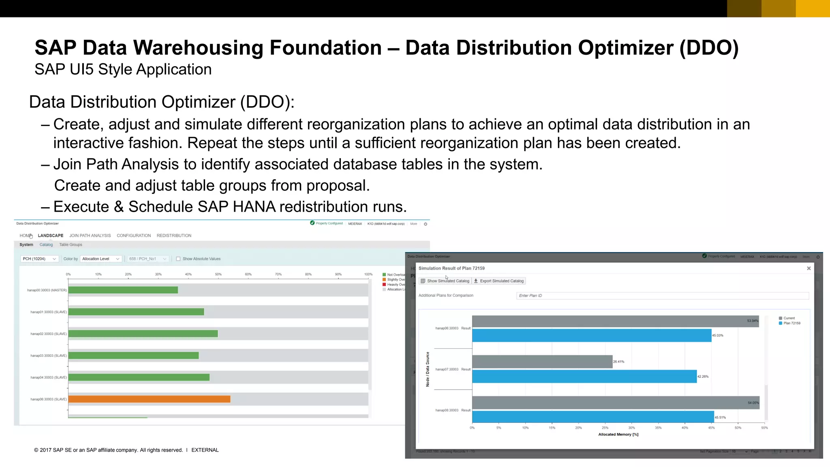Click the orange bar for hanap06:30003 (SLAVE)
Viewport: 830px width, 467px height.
(x=149, y=399)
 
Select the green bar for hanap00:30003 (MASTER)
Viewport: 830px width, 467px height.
(x=123, y=290)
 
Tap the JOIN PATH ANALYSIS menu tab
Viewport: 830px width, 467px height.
(x=90, y=236)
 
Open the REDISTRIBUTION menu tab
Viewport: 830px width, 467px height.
(x=174, y=236)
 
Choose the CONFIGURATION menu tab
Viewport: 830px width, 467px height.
(x=134, y=236)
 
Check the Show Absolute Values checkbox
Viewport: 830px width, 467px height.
(x=178, y=259)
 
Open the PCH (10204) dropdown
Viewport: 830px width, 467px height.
(x=39, y=259)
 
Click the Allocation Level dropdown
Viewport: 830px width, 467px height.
(x=101, y=259)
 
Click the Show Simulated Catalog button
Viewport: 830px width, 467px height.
(x=445, y=281)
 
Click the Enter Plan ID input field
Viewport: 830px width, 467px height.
(x=662, y=296)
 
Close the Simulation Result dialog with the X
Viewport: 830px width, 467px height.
(x=809, y=268)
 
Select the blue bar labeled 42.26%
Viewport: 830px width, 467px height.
(x=584, y=377)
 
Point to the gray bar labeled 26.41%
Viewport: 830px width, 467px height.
(x=542, y=362)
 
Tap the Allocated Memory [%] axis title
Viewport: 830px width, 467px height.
(x=618, y=435)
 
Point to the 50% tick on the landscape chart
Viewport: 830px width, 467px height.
(x=218, y=274)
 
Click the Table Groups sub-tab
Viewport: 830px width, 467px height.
(x=71, y=245)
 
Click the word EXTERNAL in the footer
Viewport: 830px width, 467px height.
(x=205, y=450)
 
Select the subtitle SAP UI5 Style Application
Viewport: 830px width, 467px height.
(x=123, y=69)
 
